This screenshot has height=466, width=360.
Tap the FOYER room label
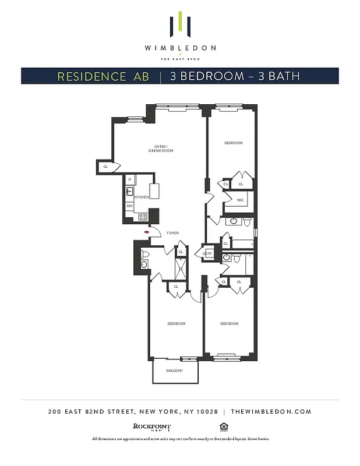172,232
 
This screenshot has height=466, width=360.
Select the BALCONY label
174,371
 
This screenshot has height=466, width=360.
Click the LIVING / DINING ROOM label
164,149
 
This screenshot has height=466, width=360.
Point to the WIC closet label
240,200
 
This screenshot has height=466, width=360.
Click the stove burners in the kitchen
142,217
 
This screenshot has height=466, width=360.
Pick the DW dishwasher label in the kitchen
129,206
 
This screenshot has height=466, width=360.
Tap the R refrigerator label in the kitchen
130,180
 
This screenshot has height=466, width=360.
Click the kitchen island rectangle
154,191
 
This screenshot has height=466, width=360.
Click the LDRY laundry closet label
207,253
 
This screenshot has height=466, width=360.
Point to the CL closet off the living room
105,167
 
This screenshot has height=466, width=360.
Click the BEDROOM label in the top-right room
233,143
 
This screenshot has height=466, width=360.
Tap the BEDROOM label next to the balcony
176,323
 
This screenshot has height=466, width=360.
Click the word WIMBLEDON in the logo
180,48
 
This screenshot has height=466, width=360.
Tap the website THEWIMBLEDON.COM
271,411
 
